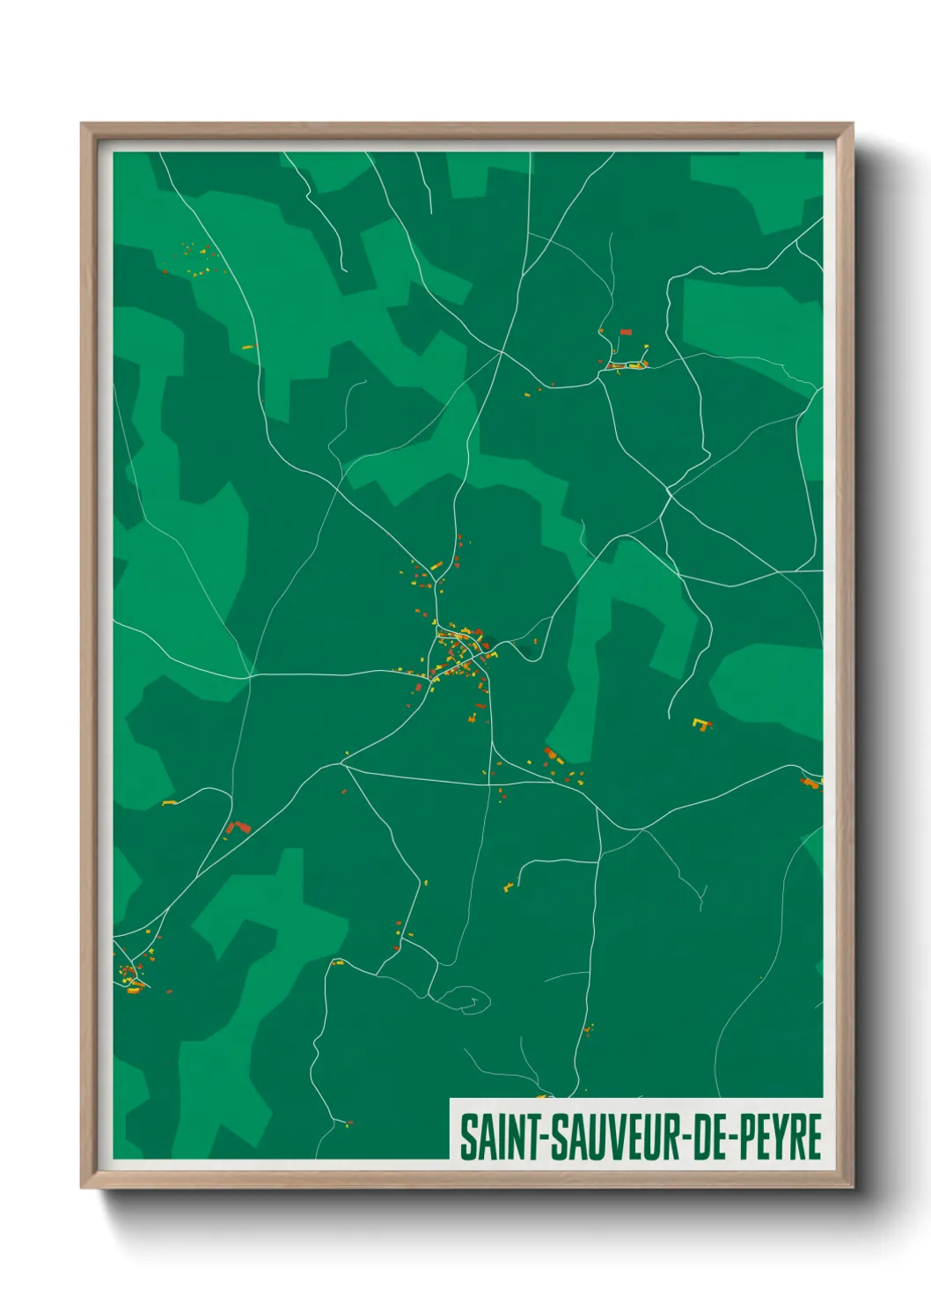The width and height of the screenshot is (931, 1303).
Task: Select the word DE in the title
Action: tap(707, 1137)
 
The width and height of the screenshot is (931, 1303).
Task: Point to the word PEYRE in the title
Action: tap(779, 1137)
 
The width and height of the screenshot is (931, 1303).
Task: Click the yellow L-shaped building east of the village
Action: tap(700, 724)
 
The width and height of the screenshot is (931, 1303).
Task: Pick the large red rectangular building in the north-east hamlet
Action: tap(626, 332)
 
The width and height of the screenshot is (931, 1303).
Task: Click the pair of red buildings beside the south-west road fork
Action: tap(238, 827)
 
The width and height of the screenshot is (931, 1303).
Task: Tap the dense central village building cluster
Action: tap(459, 651)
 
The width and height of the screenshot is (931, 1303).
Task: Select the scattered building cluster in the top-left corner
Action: tap(198, 261)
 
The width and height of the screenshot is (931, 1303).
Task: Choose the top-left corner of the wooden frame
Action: tap(83, 124)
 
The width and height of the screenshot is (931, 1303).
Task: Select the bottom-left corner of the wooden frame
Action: tap(83, 1186)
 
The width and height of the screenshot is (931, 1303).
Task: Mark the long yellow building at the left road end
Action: tap(169, 803)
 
